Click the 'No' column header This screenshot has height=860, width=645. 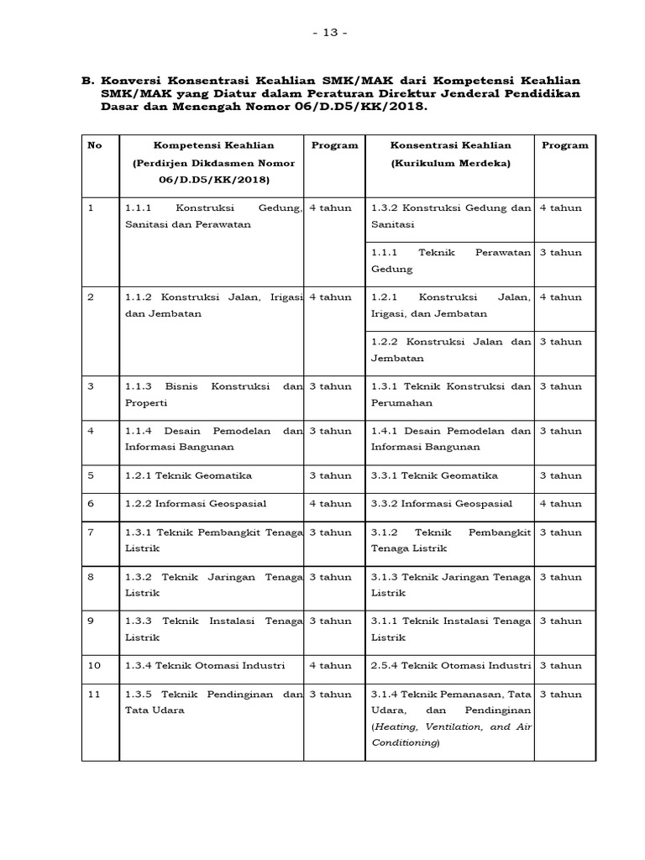[95, 145]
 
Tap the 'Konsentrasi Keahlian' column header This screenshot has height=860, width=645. [450, 145]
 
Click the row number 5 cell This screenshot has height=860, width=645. [93, 475]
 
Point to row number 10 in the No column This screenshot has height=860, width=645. [95, 665]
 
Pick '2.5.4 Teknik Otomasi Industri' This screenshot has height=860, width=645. [451, 665]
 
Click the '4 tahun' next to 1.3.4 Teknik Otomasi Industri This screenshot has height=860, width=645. [330, 665]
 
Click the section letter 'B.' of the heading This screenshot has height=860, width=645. [87, 81]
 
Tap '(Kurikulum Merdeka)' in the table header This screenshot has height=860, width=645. [450, 163]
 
